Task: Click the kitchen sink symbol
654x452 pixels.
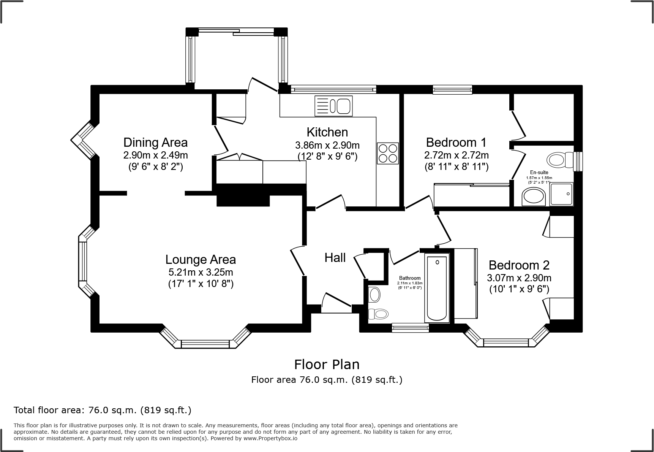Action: pyautogui.click(x=333, y=106)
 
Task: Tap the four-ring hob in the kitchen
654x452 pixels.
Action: pyautogui.click(x=388, y=153)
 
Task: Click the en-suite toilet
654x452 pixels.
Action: pyautogui.click(x=560, y=160)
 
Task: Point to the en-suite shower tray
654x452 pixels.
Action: pyautogui.click(x=561, y=194)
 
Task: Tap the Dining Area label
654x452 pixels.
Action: pyautogui.click(x=155, y=143)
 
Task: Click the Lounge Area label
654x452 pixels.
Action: pyautogui.click(x=201, y=260)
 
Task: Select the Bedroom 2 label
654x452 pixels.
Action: pyautogui.click(x=519, y=265)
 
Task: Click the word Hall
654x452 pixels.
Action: pyautogui.click(x=335, y=258)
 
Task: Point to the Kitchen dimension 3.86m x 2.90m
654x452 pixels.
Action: pyautogui.click(x=327, y=145)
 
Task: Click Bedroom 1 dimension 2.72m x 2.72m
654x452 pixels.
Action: pyautogui.click(x=456, y=155)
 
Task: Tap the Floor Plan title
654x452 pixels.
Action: pyautogui.click(x=327, y=365)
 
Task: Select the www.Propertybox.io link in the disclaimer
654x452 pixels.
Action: pyautogui.click(x=270, y=438)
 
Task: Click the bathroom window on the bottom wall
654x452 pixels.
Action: pyautogui.click(x=410, y=327)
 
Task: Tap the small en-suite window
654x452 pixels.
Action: pyautogui.click(x=578, y=162)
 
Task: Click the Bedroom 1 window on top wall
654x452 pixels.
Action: pyautogui.click(x=452, y=90)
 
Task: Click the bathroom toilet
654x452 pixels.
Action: pyautogui.click(x=378, y=314)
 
